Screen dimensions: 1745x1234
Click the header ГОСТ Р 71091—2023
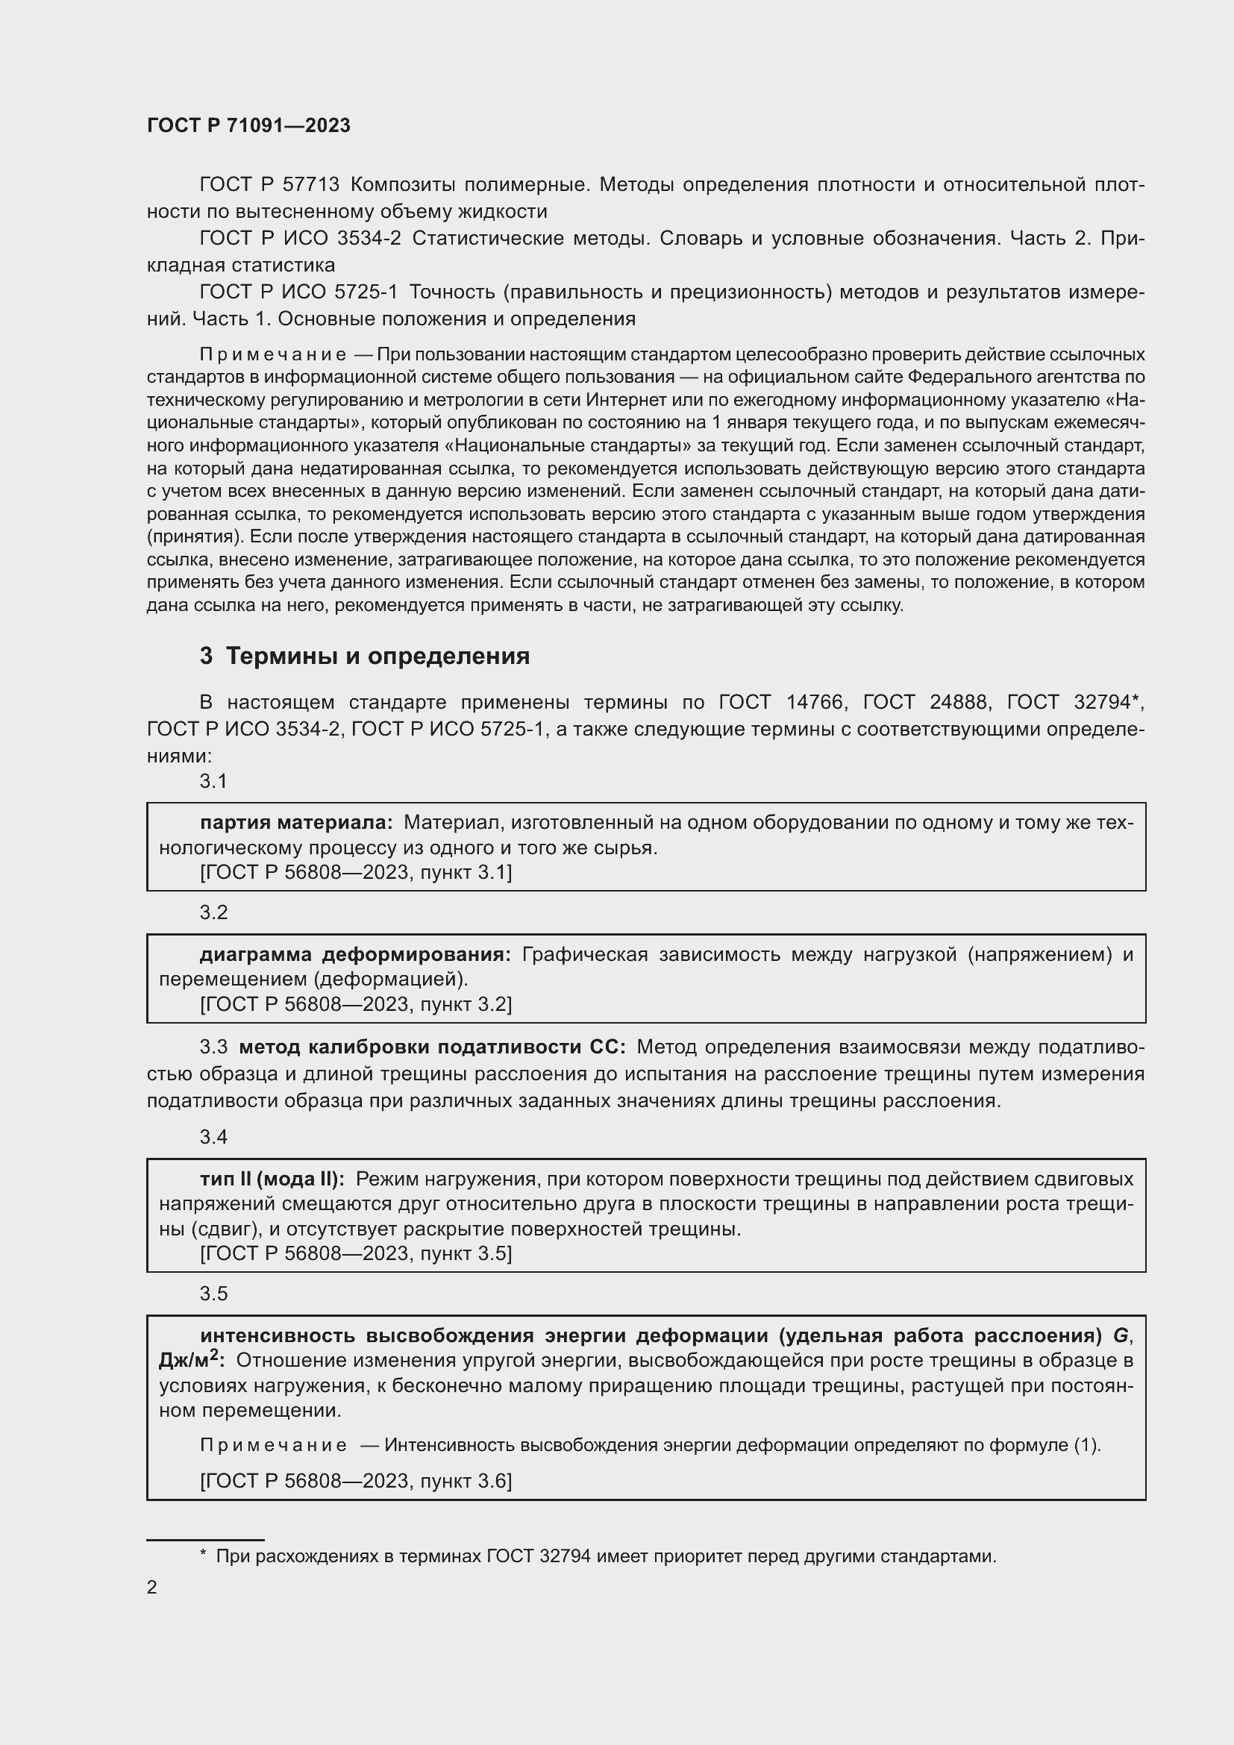[248, 125]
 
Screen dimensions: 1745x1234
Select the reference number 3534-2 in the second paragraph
[369, 239]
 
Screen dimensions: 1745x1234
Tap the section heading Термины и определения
[378, 656]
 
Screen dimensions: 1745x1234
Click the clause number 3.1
[213, 781]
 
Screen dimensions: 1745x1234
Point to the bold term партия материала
[296, 822]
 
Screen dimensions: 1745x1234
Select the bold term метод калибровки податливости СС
[431, 1047]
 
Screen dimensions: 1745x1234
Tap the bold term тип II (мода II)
[272, 1179]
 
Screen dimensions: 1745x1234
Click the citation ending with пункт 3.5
[356, 1253]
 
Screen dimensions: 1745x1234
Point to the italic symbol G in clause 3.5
[1121, 1335]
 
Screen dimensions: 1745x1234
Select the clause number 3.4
[213, 1137]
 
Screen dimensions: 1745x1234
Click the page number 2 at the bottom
[152, 1587]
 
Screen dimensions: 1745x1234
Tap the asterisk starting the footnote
[203, 1556]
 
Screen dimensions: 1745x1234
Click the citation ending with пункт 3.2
[356, 1005]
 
